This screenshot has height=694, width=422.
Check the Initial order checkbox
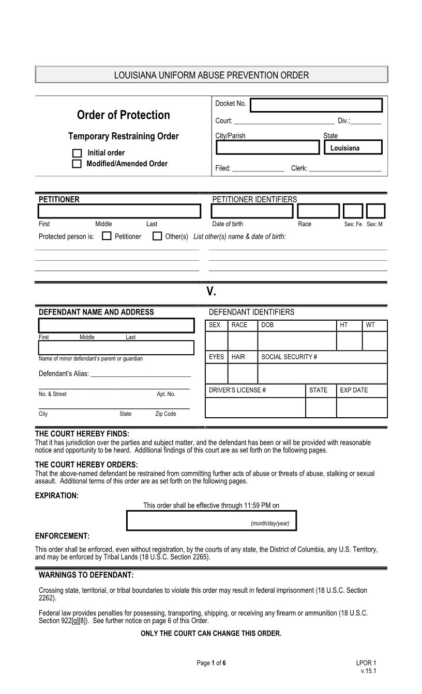(x=77, y=153)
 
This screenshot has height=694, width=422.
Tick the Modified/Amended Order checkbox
(x=77, y=164)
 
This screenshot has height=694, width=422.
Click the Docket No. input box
(x=316, y=105)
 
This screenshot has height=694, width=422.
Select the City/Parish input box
(x=267, y=148)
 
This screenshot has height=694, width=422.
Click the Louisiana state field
(x=353, y=148)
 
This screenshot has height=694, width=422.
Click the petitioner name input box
(x=119, y=212)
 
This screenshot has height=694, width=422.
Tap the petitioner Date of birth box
(x=252, y=211)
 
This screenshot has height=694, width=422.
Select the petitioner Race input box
(x=319, y=211)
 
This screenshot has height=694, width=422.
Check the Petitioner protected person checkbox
(x=107, y=236)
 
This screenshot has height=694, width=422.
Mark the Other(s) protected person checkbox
(x=157, y=236)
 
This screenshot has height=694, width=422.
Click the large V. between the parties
(x=211, y=292)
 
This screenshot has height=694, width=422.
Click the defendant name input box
(x=116, y=325)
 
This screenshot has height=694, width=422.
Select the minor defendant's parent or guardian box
(x=116, y=348)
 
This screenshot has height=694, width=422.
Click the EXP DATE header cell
(x=361, y=390)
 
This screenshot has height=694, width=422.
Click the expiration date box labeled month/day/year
(x=212, y=520)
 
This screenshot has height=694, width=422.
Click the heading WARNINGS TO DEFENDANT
(x=86, y=575)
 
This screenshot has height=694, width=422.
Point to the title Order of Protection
(x=123, y=115)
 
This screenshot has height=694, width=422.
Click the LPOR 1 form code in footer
(x=366, y=663)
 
